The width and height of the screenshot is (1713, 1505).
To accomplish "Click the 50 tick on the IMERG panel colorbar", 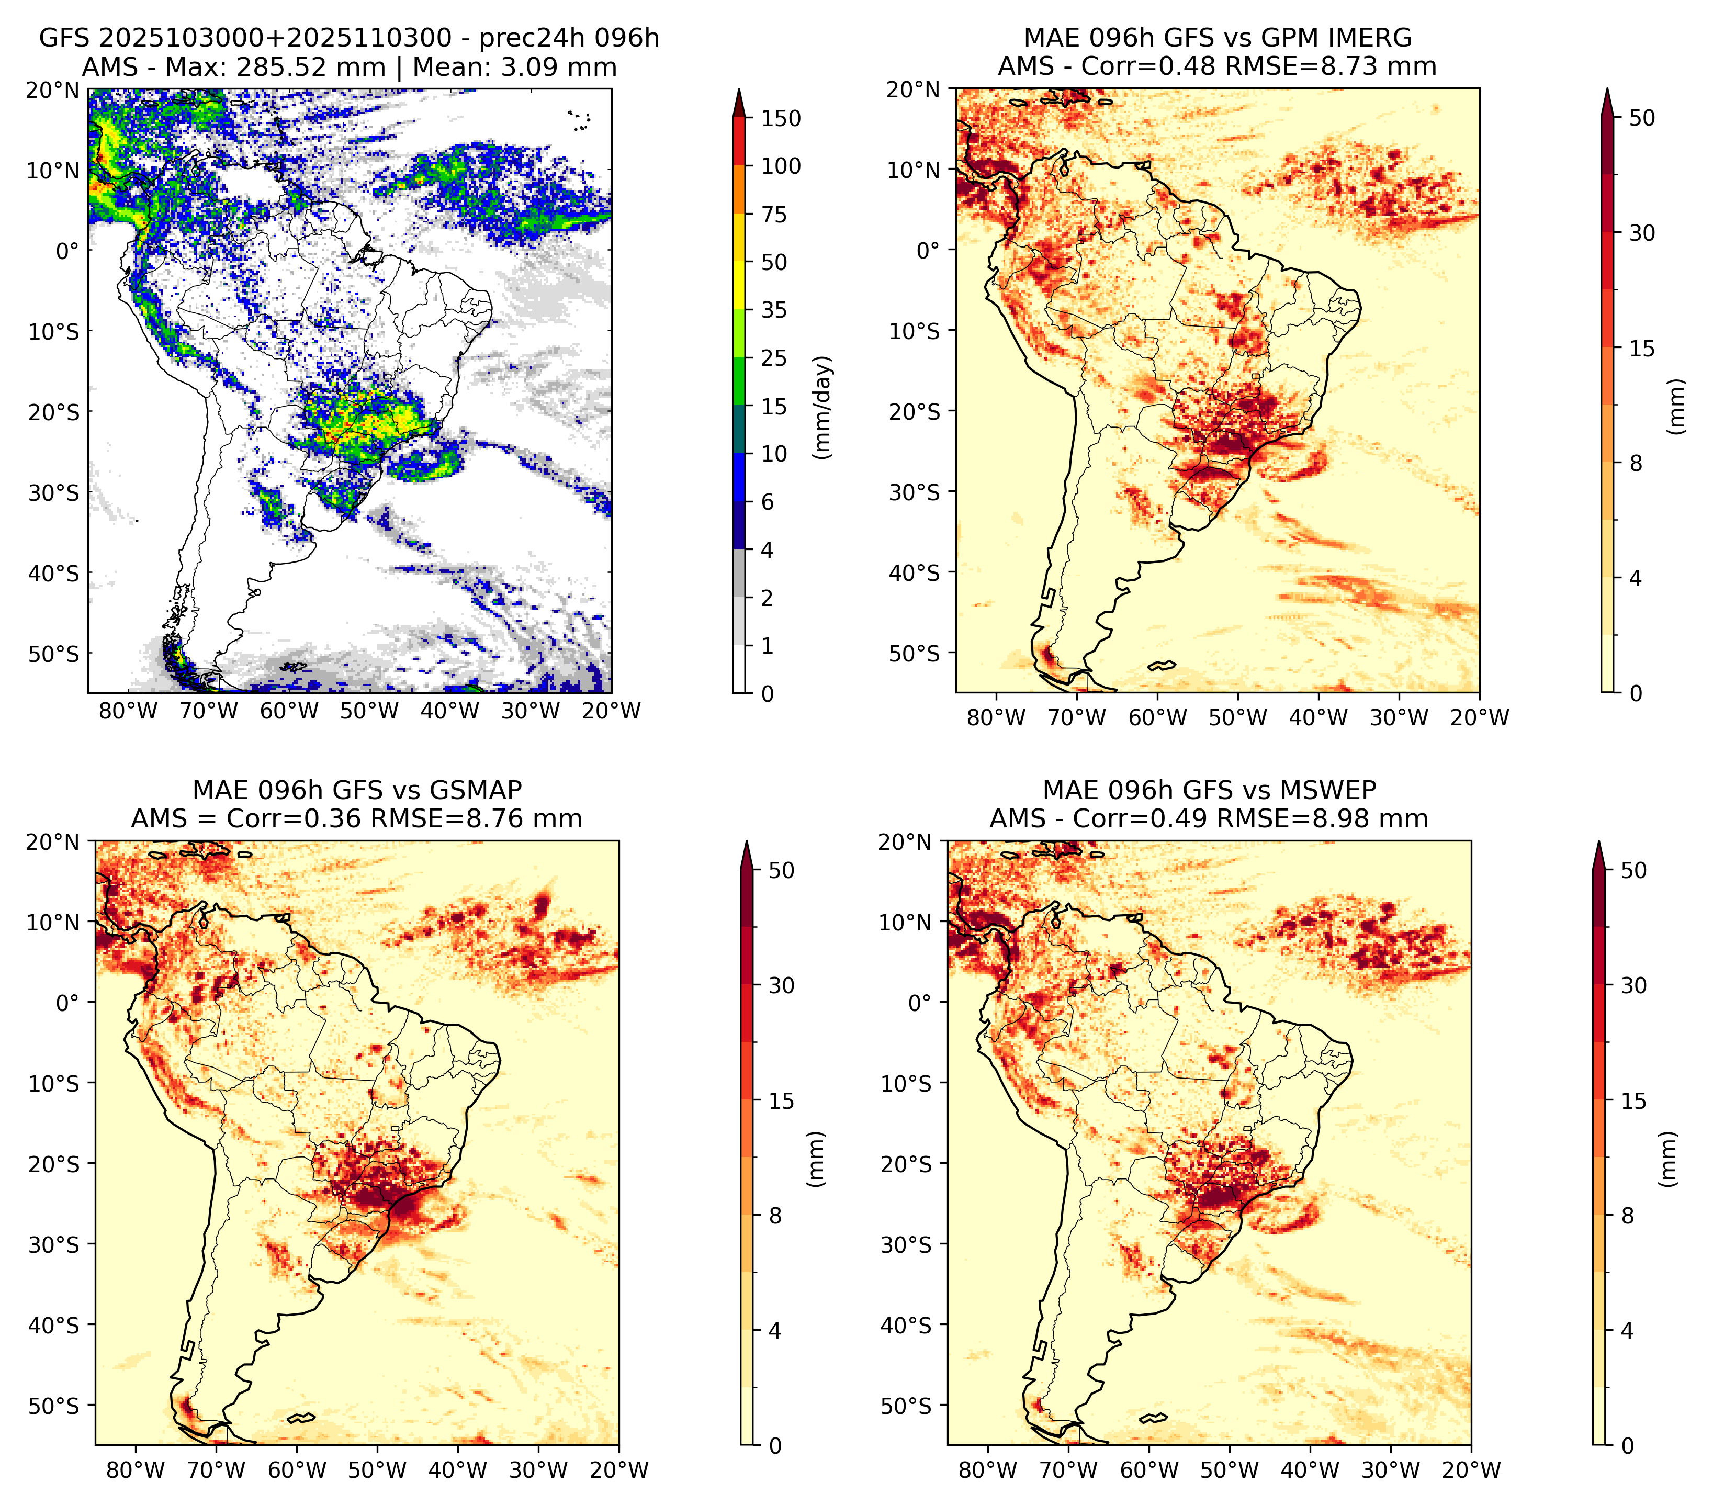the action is (x=1642, y=118).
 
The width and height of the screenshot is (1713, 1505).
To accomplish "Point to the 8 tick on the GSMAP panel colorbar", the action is (x=774, y=1215).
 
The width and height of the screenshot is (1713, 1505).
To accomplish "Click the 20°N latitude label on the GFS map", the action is (x=52, y=89).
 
